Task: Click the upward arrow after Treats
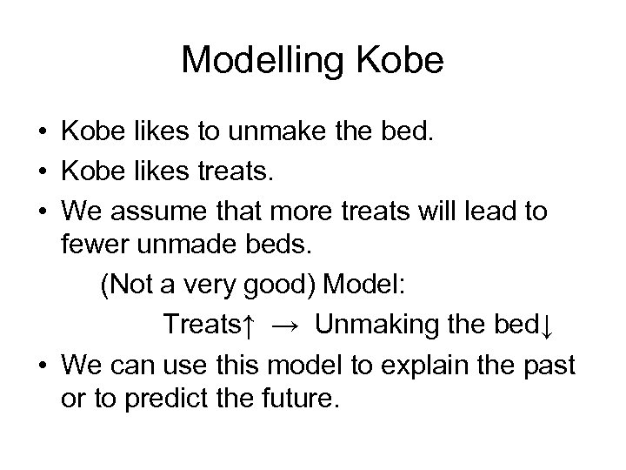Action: (x=249, y=326)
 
